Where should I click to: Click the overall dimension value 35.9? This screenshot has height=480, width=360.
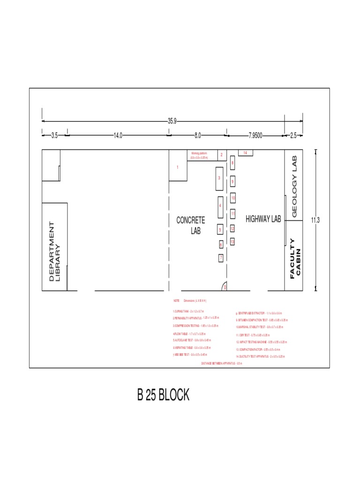point(172,121)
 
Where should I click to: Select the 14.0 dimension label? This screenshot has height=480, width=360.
point(118,135)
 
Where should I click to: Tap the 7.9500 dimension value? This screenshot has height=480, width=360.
point(255,135)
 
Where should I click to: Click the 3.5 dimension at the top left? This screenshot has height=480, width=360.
point(54,135)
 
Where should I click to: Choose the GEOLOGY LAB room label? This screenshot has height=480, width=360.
point(295,187)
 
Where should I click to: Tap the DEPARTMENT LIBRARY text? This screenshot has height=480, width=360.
point(55,251)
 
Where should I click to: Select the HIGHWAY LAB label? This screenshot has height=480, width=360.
point(263,219)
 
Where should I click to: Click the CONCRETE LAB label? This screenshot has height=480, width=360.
point(191,225)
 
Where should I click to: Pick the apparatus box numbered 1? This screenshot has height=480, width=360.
point(178,167)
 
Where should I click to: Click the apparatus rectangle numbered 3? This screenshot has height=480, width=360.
point(219,178)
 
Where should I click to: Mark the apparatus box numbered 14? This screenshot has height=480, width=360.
point(245,152)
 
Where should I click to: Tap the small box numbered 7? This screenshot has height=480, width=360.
point(220,258)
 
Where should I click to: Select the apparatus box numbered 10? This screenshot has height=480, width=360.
point(233,199)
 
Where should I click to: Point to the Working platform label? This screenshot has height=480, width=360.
point(199,153)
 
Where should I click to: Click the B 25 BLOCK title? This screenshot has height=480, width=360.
point(163,395)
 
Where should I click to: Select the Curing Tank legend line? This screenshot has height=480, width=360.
point(188,311)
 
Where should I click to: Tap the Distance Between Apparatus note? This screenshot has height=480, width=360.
point(221,363)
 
